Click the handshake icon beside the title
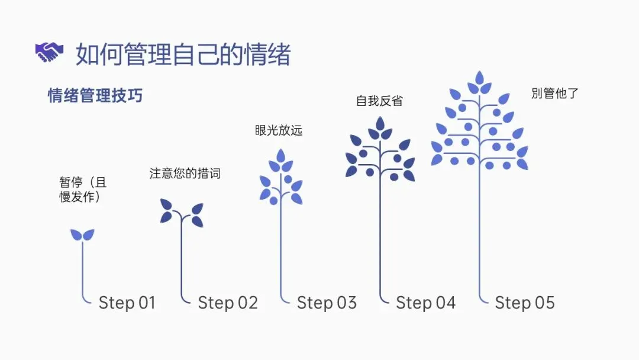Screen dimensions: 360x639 point(49,53)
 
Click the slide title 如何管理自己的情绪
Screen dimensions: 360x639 point(183,54)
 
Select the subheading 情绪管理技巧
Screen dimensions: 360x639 point(95,95)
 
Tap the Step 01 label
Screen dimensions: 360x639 point(127,303)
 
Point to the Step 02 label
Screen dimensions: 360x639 point(228,303)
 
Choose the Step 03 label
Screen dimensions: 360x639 point(327,303)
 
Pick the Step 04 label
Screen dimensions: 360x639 point(425,303)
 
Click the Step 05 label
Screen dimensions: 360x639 point(525,303)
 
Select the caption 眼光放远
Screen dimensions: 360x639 point(279,130)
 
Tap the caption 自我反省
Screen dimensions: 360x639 point(379,101)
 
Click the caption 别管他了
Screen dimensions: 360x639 point(554,93)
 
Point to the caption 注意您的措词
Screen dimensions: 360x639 point(185,173)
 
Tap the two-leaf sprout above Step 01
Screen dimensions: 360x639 point(82,235)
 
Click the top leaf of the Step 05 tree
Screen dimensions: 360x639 point(479,78)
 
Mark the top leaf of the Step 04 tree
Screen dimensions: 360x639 point(380,124)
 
